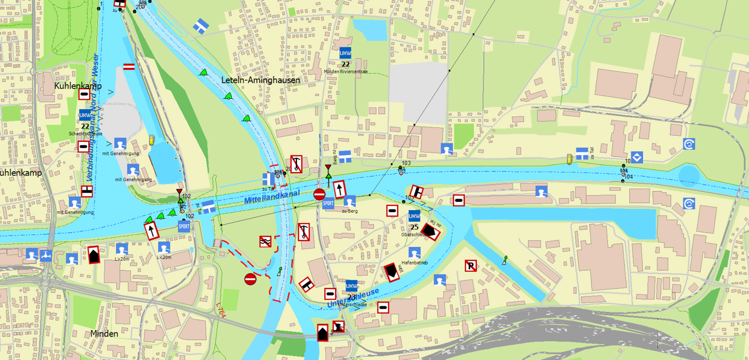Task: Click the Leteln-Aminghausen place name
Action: click(x=261, y=80)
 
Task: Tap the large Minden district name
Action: click(x=104, y=334)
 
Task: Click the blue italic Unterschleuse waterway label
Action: click(x=354, y=298)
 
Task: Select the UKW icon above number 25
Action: click(x=414, y=216)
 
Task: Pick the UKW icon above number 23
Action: click(x=352, y=286)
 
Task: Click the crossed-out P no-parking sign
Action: click(x=470, y=266)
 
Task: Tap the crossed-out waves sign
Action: click(x=265, y=242)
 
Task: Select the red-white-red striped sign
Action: click(x=129, y=66)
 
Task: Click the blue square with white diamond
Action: click(x=637, y=157)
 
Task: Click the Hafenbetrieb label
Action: click(x=414, y=263)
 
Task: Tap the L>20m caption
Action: click(x=122, y=259)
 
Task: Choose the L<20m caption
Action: click(x=164, y=258)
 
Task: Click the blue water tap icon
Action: click(x=46, y=255)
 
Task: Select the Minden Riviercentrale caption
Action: click(x=345, y=71)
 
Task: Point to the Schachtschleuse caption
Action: click(x=86, y=134)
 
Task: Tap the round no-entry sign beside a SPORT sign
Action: click(x=319, y=194)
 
